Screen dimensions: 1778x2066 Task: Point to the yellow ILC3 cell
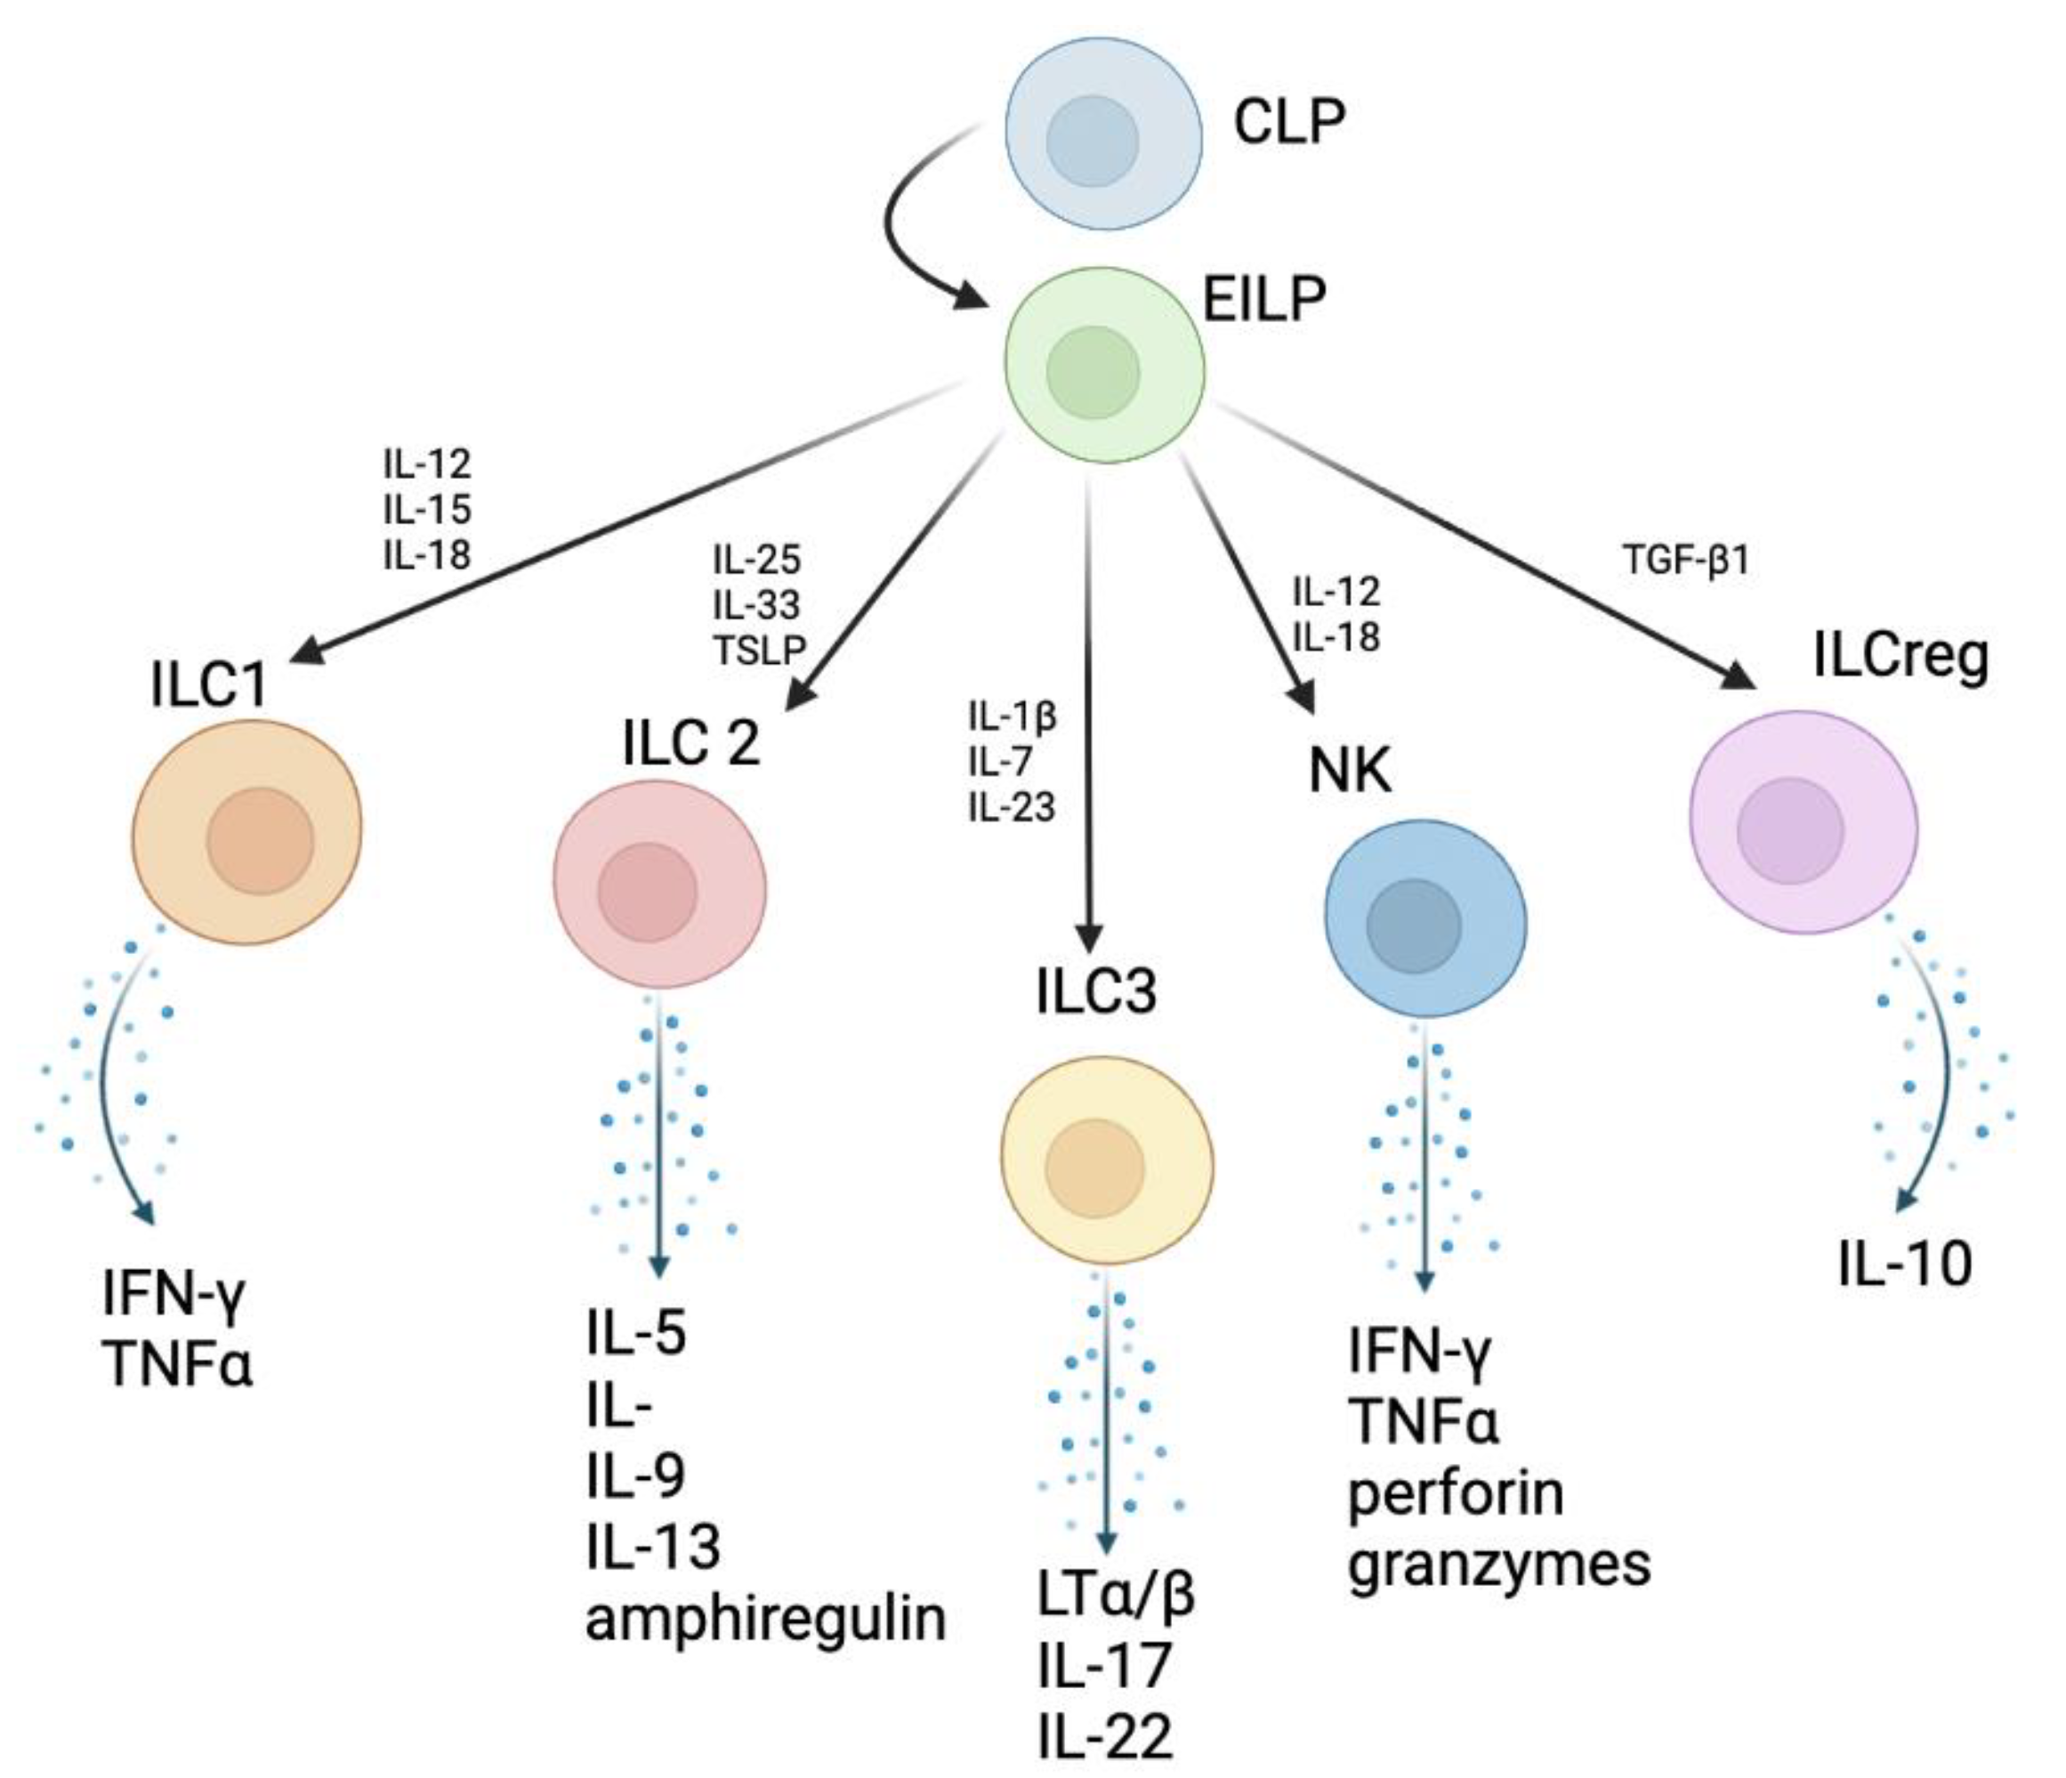(1107, 1164)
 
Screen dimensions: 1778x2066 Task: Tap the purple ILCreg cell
(1804, 821)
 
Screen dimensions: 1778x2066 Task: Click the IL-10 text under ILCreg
(1904, 1264)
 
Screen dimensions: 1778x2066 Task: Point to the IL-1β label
(1011, 715)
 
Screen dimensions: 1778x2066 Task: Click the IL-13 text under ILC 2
(653, 1546)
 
